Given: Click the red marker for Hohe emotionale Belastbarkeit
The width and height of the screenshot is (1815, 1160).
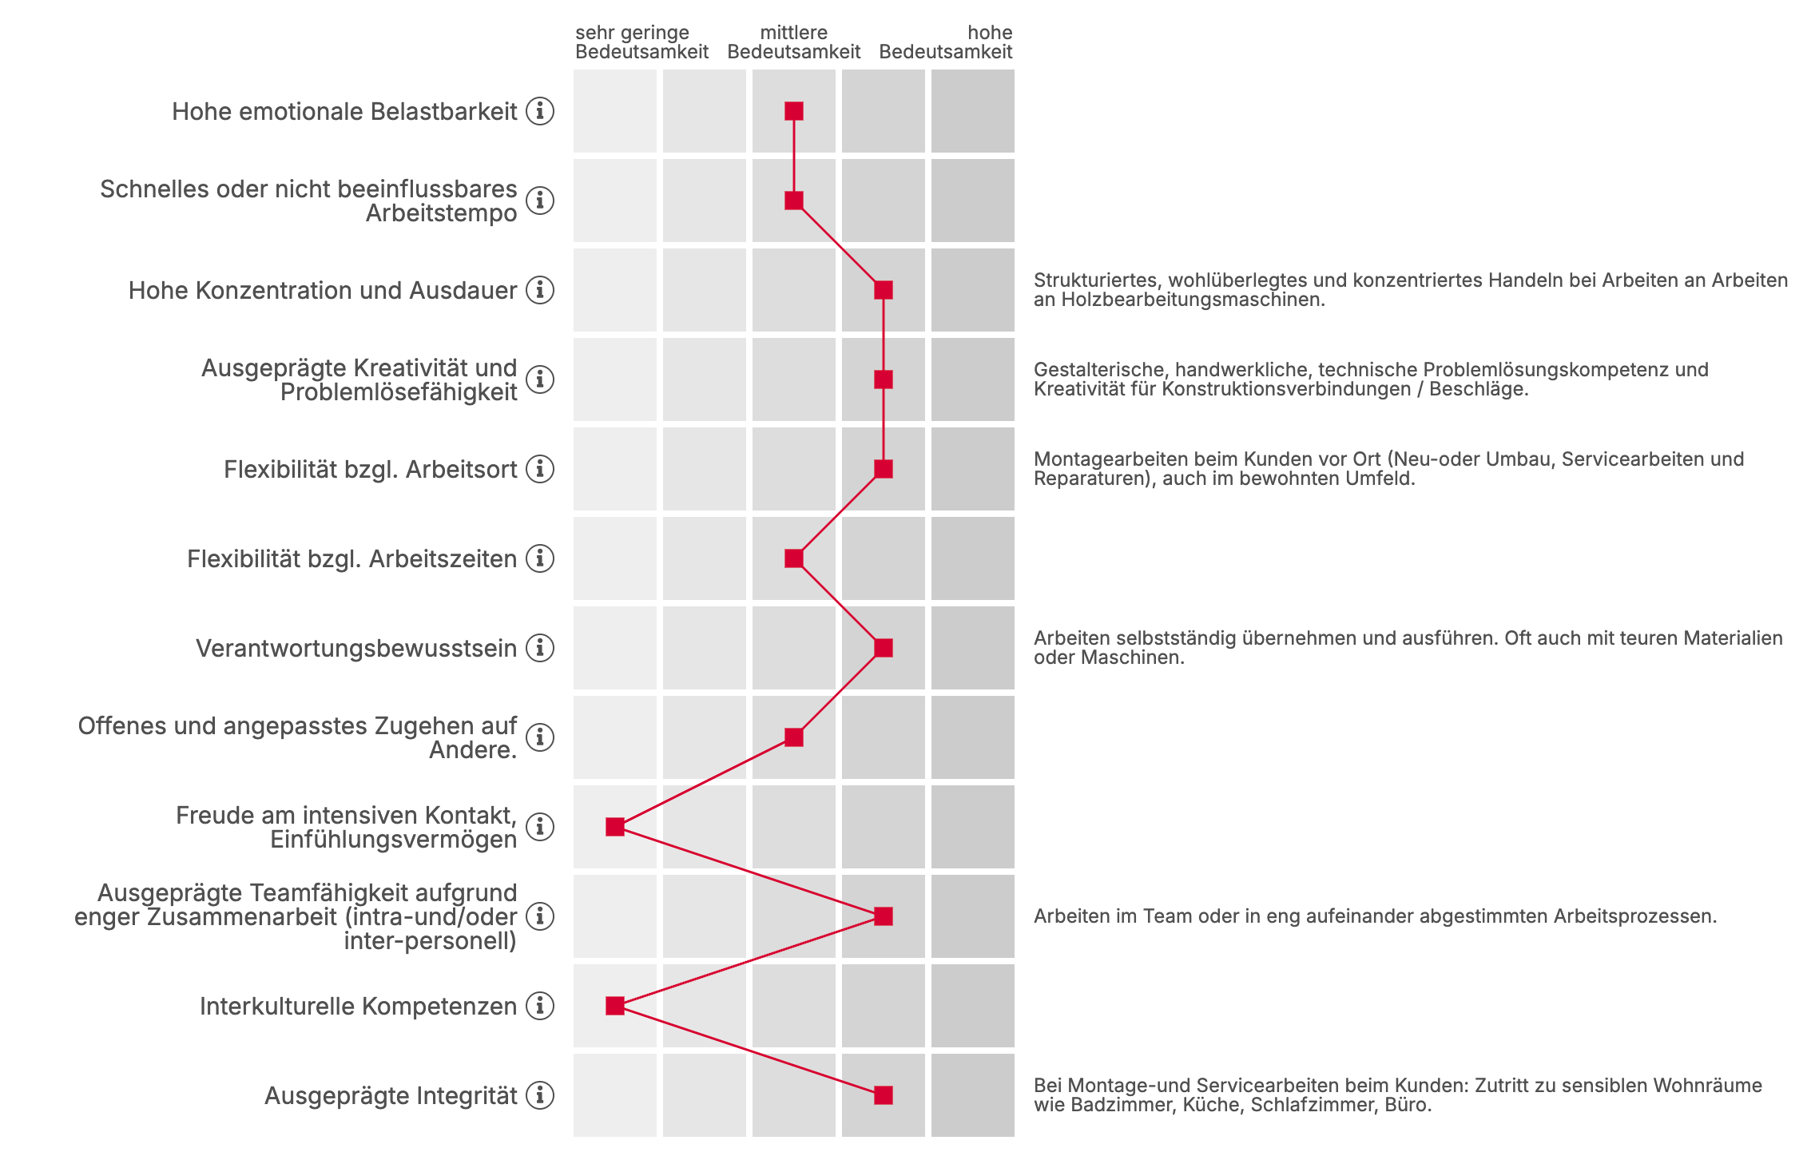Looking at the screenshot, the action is click(x=793, y=111).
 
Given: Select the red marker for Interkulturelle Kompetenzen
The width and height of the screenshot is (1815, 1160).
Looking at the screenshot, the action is click(x=614, y=1006).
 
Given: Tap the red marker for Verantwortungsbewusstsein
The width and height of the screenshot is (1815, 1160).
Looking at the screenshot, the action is click(x=883, y=648).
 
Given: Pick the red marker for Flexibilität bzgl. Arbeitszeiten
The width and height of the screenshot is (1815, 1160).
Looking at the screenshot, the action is click(x=793, y=558).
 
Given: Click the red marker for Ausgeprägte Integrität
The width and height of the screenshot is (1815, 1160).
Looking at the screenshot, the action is click(x=883, y=1095).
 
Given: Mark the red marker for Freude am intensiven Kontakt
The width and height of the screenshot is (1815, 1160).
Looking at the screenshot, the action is click(x=614, y=827).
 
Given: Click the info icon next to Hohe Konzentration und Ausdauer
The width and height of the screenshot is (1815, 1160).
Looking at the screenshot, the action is click(x=540, y=290).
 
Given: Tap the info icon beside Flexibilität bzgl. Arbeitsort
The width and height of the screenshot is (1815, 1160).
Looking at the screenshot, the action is click(x=540, y=469).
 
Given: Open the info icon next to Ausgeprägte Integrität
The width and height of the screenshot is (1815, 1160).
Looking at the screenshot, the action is click(x=540, y=1095).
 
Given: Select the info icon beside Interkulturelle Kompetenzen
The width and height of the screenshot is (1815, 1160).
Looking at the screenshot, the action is click(x=540, y=1006).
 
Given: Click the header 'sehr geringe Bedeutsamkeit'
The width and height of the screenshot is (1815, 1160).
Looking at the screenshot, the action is click(x=641, y=42).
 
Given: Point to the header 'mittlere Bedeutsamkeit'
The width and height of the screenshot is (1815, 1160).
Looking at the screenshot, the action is click(x=793, y=42).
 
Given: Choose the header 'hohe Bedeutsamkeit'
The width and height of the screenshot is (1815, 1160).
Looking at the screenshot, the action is click(x=946, y=42).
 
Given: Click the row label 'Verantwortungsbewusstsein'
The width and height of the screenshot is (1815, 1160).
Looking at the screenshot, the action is click(x=356, y=648).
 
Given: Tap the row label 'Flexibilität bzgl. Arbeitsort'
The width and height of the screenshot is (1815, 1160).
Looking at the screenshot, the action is click(x=371, y=469).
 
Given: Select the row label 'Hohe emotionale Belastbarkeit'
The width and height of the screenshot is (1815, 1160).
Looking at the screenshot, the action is click(x=344, y=111).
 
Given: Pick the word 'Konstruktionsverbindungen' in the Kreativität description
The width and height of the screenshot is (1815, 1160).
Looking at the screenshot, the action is click(x=1286, y=389).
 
